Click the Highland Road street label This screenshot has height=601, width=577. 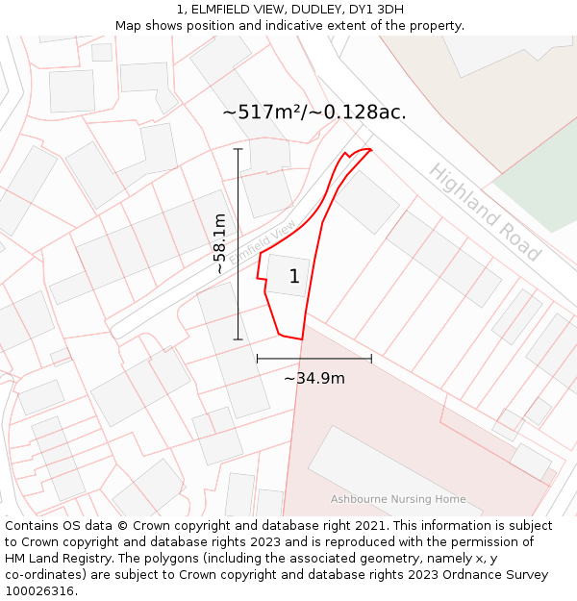[x=485, y=213]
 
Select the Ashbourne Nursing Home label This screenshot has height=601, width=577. [x=398, y=499]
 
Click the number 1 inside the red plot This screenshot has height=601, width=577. [x=294, y=277]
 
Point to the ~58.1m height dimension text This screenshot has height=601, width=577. [x=220, y=244]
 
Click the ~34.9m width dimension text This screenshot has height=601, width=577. [x=314, y=378]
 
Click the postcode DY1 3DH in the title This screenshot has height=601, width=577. [x=376, y=10]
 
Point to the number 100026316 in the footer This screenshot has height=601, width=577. [x=38, y=591]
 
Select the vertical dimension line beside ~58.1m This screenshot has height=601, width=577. [x=238, y=244]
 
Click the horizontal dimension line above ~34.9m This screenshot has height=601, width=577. [x=314, y=359]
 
